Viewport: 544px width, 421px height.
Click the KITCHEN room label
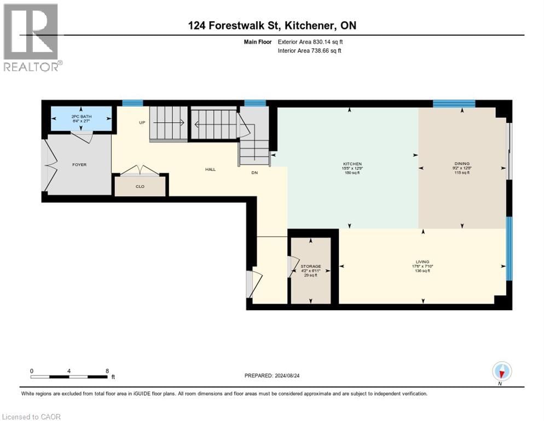[x=352, y=164]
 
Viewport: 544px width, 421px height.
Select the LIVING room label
[x=422, y=262]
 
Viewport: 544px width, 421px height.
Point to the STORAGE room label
[x=310, y=266]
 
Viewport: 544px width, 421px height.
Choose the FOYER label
[x=79, y=164]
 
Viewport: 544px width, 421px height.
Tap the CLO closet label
[x=140, y=186]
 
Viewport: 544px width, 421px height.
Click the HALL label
[x=210, y=169]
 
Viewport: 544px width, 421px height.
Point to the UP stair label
[x=142, y=122]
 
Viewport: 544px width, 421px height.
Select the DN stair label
[x=254, y=173]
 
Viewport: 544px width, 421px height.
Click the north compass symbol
[x=502, y=372]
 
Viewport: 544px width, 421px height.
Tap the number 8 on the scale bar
[x=107, y=371]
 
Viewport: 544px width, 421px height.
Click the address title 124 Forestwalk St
[x=271, y=26]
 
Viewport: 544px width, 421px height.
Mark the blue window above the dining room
[x=454, y=103]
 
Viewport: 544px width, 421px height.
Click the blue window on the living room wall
[x=509, y=248]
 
